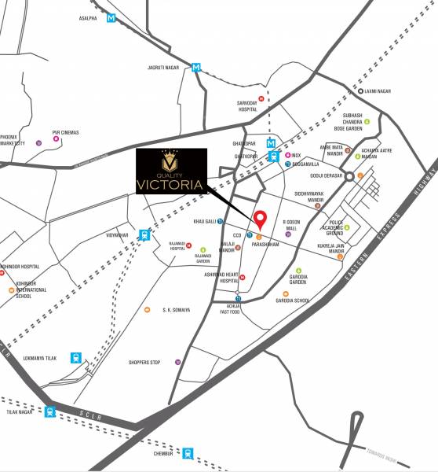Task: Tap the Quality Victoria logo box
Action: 171,171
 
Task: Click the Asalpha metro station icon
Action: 112,17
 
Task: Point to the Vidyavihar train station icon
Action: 144,234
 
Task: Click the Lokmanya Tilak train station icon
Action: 76,357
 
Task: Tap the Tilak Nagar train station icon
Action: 50,411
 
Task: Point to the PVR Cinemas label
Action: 68,132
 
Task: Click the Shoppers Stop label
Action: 144,362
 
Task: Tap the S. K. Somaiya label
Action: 176,310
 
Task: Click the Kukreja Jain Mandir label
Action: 336,249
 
